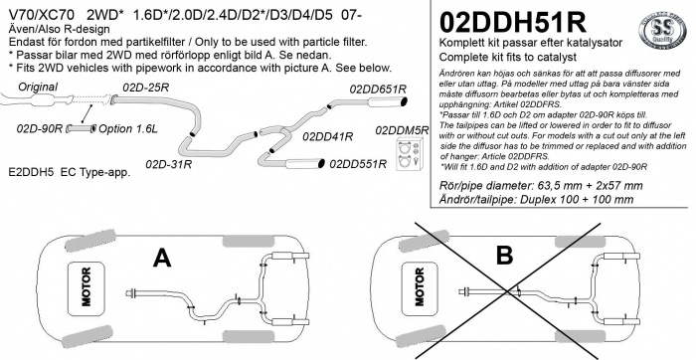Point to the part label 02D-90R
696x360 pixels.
pos(40,129)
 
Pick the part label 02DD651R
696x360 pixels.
pos(375,89)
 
